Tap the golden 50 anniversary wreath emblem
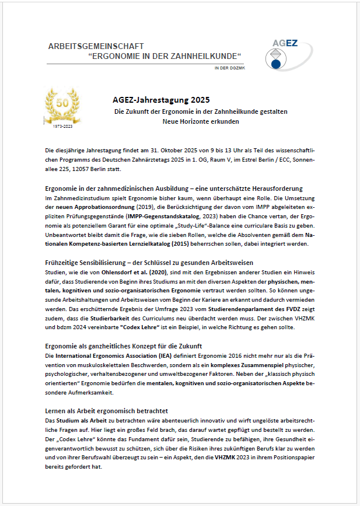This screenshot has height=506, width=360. coord(61,105)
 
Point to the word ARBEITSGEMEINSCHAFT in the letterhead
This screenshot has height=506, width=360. coord(96,46)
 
